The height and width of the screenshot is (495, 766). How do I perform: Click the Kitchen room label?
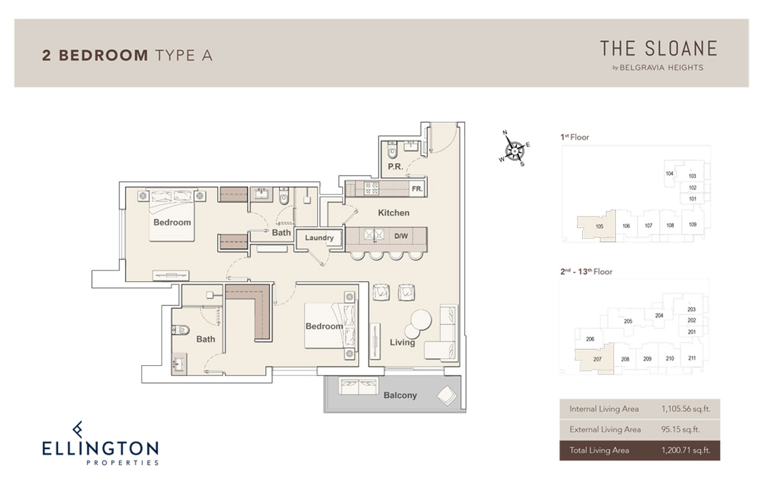tap(394, 213)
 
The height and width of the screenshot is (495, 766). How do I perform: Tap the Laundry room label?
tap(319, 238)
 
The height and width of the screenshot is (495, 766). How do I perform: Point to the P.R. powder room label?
tap(395, 167)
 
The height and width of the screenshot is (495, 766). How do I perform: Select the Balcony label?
tap(400, 395)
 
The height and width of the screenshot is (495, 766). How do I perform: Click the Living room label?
tap(403, 342)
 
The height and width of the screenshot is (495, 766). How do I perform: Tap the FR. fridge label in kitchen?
tap(417, 189)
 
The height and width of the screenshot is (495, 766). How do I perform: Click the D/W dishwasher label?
tap(401, 236)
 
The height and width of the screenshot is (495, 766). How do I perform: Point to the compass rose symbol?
tap(514, 149)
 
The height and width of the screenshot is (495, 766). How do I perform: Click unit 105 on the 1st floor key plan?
tap(599, 227)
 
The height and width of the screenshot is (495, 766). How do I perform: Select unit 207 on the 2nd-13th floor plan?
tap(597, 359)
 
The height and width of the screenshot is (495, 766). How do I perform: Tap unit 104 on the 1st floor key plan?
tap(669, 174)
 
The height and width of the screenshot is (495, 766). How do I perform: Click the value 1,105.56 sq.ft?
tap(686, 409)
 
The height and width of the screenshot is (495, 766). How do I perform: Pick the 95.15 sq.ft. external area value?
tap(680, 429)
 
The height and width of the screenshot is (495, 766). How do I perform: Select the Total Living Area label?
tap(599, 450)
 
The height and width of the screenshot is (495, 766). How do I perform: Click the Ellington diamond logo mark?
tap(78, 429)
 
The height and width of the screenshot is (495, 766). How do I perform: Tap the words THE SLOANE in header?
tap(659, 49)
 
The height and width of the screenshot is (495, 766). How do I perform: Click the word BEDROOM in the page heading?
tap(103, 56)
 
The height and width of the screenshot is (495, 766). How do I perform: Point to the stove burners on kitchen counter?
tap(371, 188)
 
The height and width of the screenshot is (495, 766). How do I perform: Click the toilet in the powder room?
tap(392, 150)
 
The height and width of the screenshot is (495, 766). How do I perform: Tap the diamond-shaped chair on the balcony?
tap(447, 396)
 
